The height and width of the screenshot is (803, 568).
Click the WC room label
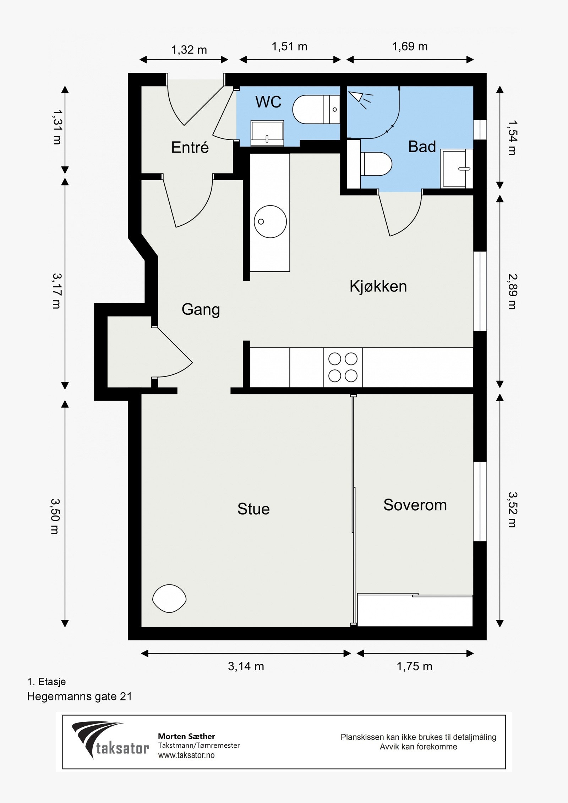pos(268,102)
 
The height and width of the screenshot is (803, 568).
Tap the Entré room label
pos(190,147)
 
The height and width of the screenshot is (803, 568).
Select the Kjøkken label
pos(378,286)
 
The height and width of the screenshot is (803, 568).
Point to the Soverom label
pos(415,505)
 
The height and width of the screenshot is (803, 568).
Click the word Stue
pos(253,509)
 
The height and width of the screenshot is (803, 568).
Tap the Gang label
pos(201,310)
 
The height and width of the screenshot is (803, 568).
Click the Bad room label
pos(422,147)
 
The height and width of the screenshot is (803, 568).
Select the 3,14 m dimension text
pos(246,666)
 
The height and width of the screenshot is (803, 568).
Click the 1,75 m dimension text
pos(414,666)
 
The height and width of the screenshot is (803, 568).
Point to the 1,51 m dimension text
pos(289,46)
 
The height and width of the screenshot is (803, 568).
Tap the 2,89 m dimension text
pos(512,291)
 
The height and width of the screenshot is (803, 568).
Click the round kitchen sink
pos(270,222)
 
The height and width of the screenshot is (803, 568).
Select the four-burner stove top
pos(343,367)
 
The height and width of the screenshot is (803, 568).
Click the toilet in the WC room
pos(316,109)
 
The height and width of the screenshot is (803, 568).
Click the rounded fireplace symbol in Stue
pos(169,599)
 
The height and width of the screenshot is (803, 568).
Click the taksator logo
pos(110,740)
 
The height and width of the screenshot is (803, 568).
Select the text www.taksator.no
pos(186,755)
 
